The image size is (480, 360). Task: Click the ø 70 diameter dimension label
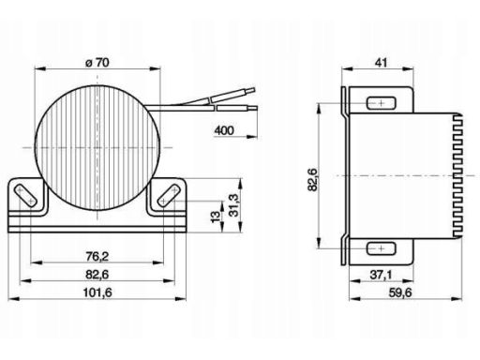pos(97,63)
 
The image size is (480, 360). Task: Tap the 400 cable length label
pos(224,130)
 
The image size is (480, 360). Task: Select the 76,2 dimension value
pos(97,257)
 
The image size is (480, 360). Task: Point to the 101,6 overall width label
pos(97,292)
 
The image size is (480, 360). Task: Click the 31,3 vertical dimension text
pos(233,205)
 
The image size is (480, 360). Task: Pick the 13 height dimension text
pos(216,217)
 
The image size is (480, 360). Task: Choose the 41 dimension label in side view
pos(381,63)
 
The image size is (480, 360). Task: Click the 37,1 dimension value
pos(381,275)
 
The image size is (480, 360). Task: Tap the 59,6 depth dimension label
pos(400,292)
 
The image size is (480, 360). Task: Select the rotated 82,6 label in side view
pos(312,179)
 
